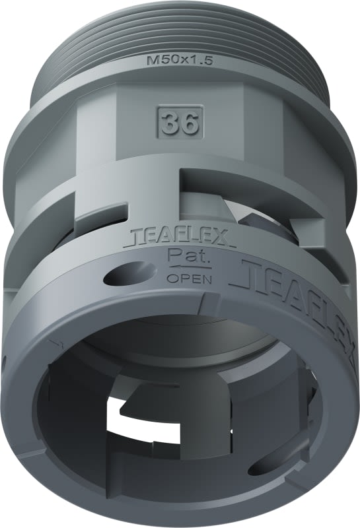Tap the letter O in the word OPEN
tap(171, 278)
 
